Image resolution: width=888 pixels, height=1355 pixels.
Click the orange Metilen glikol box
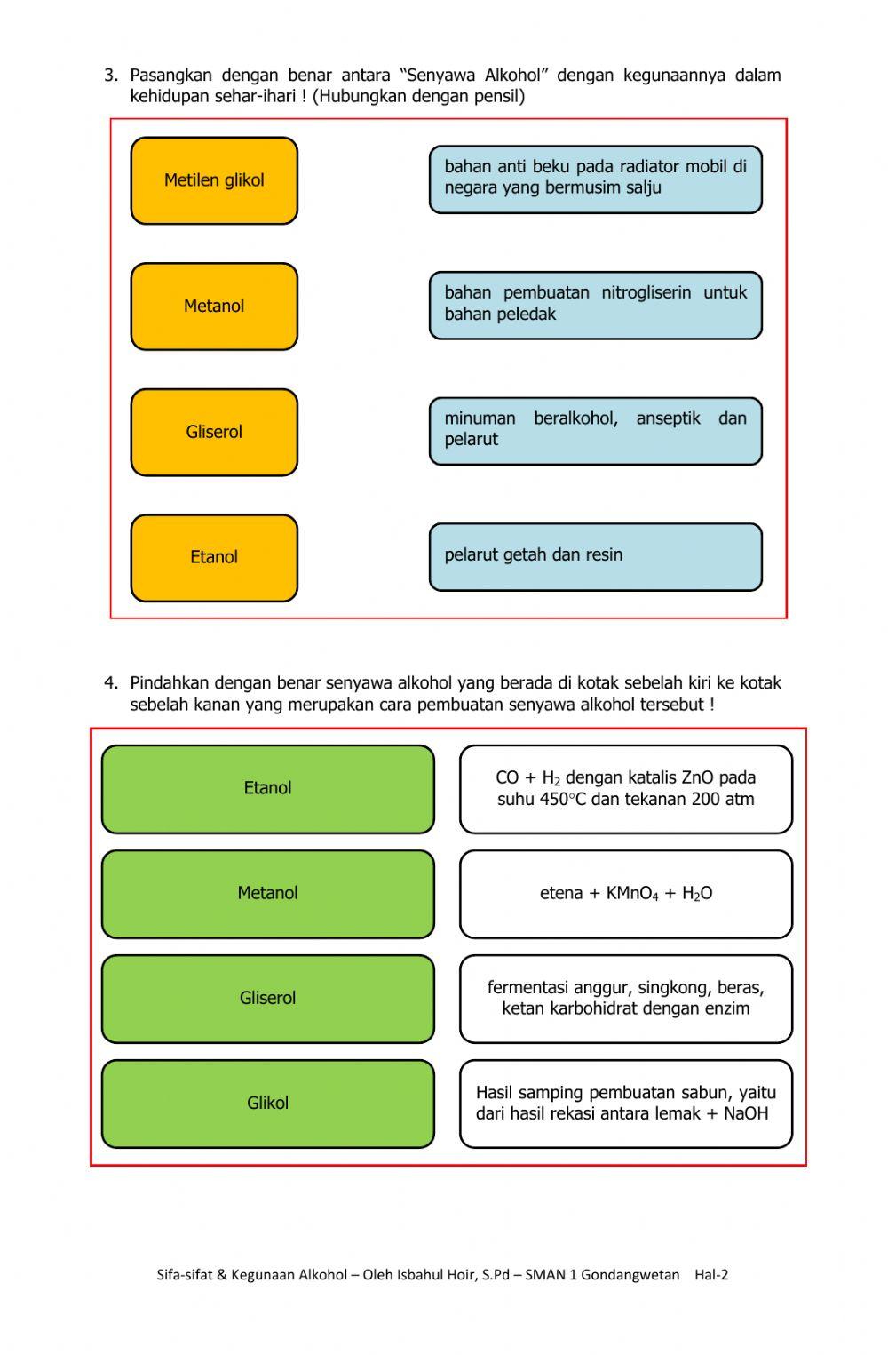[x=214, y=180]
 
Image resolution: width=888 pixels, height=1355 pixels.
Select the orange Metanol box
[x=214, y=307]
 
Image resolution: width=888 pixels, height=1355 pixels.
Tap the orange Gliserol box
[x=214, y=432]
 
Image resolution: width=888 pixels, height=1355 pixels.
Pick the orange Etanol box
[x=214, y=558]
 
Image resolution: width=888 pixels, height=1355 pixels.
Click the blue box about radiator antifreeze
[x=595, y=179]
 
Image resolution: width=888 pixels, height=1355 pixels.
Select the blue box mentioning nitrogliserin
[x=595, y=306]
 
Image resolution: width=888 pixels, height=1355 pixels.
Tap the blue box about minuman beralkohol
[x=595, y=431]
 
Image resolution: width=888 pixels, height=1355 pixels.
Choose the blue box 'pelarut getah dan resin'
[x=595, y=557]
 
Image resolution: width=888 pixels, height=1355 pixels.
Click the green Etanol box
[x=267, y=789]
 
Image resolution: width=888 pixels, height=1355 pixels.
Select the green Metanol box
[x=267, y=894]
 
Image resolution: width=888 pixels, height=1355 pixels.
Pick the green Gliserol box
[x=267, y=999]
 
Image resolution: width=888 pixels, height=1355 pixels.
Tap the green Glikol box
[x=267, y=1104]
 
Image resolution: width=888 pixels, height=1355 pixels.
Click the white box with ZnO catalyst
[x=625, y=789]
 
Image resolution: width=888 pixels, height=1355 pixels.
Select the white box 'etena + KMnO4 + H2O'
[x=625, y=894]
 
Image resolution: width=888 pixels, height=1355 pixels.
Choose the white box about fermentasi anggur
[x=625, y=999]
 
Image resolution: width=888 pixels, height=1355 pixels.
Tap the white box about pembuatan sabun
[x=625, y=1104]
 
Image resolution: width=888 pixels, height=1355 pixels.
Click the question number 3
[x=110, y=76]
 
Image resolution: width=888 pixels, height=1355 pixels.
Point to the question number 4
[x=110, y=683]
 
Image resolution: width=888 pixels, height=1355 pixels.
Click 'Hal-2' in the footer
[x=711, y=1274]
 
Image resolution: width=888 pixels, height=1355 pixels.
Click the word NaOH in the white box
[x=746, y=1114]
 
